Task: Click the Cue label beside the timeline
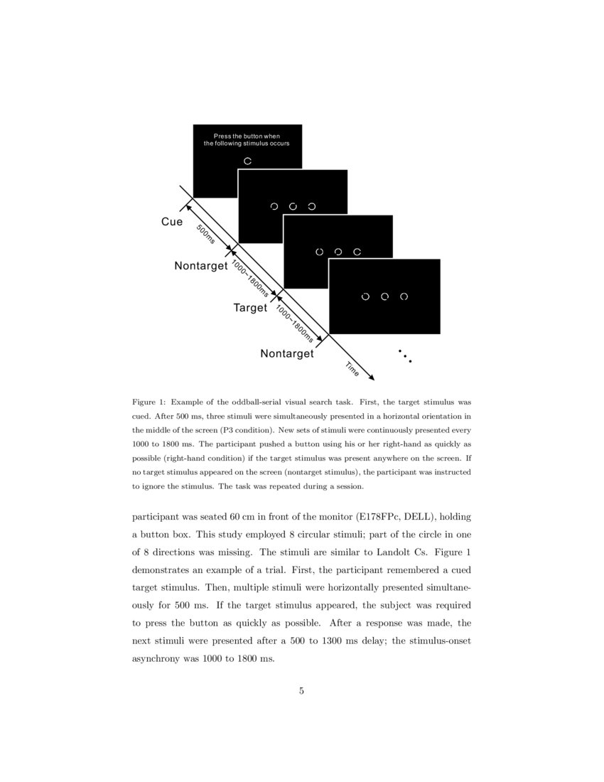[172, 222]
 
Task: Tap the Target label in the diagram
[250, 309]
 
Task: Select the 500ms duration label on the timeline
[205, 235]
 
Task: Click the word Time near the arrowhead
[352, 370]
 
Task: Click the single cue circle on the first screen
[247, 161]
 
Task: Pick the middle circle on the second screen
[293, 206]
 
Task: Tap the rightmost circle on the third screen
[357, 252]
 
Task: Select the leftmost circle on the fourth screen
[365, 296]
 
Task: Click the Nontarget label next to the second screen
[200, 266]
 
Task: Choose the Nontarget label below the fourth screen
[286, 353]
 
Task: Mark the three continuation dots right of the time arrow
[405, 356]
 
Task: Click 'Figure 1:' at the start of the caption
[149, 402]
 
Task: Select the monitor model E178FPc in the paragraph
[374, 516]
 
